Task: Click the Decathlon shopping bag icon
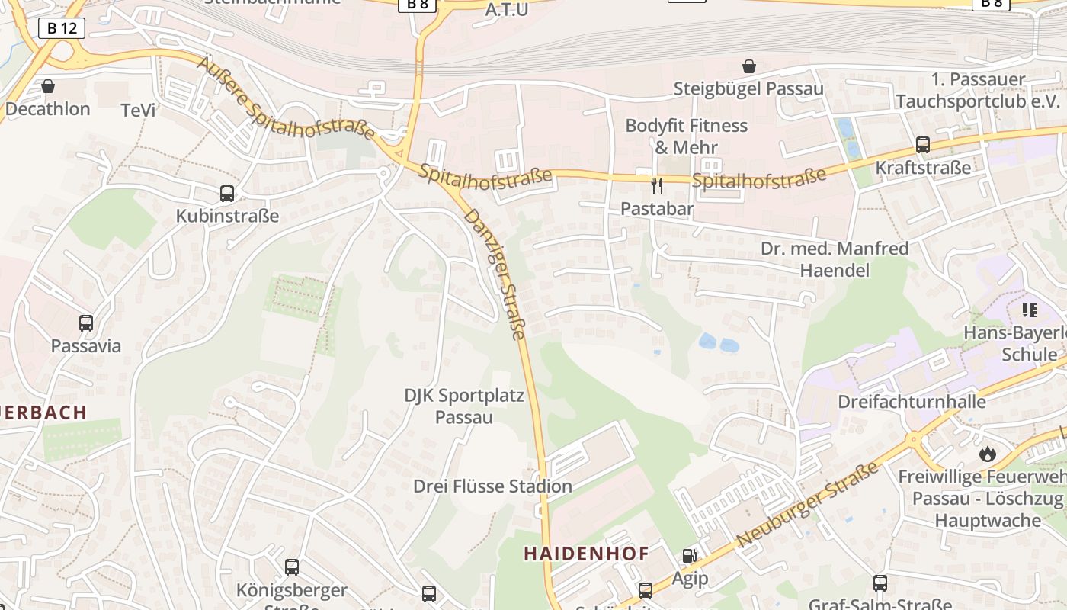48,86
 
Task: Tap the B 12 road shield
62,28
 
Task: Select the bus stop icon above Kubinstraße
227,194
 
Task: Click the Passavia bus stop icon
86,323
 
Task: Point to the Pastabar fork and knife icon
657,185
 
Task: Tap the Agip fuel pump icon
689,556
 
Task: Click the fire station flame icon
988,454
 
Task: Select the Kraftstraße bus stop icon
923,145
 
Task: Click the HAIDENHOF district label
586,554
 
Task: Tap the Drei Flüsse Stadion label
492,486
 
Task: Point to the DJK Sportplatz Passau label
464,406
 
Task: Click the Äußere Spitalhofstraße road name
286,98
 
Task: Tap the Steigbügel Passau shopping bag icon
749,66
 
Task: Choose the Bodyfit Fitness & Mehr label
687,136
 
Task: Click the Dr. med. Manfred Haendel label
835,259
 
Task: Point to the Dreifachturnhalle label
912,401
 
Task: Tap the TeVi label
138,110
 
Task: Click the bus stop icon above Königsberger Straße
292,567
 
